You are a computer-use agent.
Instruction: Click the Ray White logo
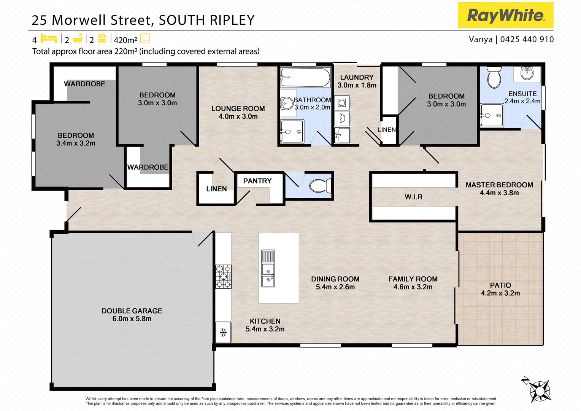point(505,15)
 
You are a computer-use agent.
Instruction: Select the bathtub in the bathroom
point(305,78)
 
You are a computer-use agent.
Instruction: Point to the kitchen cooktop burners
point(224,277)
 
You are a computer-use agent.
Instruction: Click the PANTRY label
point(257,181)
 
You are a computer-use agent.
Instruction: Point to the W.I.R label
point(413,197)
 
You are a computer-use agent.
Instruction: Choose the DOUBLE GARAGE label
point(132,311)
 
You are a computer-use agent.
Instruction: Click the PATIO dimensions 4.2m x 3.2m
point(500,293)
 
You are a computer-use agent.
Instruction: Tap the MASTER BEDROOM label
point(499,185)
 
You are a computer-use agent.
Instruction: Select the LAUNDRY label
point(357,77)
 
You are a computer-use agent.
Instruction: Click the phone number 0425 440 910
point(527,39)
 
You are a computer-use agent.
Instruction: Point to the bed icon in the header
point(49,38)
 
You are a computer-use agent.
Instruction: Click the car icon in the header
point(102,38)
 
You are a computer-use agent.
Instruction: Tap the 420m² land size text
point(125,40)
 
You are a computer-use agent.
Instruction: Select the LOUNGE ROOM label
point(238,108)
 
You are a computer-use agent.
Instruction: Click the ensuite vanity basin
point(527,73)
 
